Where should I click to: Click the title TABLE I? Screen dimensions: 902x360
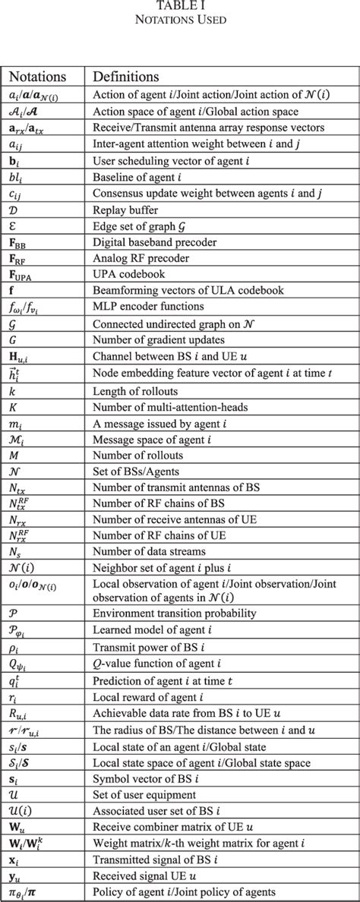[180, 7]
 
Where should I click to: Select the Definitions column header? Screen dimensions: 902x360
[125, 77]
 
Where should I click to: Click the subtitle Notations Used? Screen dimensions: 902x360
[180, 20]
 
